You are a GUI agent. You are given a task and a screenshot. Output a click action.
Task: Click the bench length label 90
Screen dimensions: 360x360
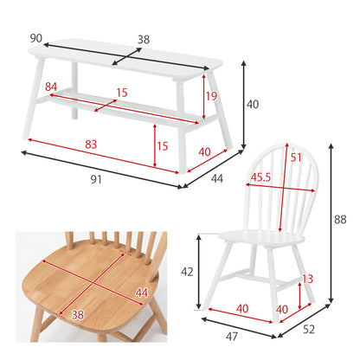tap(36, 38)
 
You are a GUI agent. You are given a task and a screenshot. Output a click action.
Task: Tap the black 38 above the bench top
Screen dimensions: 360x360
tap(144, 40)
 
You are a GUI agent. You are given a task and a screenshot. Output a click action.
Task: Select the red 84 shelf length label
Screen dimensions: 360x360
tap(51, 87)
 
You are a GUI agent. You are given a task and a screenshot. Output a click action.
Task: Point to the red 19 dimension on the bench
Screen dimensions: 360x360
tap(211, 96)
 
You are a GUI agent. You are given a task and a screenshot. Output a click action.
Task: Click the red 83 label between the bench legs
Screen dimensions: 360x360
tap(91, 145)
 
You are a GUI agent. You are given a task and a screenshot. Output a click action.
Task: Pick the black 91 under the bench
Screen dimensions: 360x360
tap(96, 180)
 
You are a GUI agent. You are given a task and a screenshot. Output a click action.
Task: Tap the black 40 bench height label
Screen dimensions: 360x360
tap(253, 105)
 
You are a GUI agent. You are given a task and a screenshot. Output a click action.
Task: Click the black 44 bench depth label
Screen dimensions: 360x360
tap(217, 179)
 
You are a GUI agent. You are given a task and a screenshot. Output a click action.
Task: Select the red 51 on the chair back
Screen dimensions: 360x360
tap(296, 157)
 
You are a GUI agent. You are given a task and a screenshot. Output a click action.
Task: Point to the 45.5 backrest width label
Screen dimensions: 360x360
tap(260, 177)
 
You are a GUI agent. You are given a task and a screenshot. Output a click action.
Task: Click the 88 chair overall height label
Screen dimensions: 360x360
tap(340, 220)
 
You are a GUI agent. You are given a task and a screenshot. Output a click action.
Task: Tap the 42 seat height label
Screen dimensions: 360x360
tap(187, 272)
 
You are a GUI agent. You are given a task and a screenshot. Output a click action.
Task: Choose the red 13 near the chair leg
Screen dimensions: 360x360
tap(307, 279)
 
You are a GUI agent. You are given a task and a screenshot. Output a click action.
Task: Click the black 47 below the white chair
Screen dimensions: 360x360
tap(232, 337)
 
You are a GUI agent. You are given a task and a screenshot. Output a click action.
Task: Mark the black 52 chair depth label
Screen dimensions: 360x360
tap(309, 330)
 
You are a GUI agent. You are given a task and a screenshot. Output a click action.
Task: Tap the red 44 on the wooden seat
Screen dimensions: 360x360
tap(142, 293)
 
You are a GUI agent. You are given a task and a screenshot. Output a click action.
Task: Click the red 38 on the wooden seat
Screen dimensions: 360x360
tap(78, 315)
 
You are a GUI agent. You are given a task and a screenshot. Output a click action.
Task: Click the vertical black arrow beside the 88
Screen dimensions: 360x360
tap(331, 223)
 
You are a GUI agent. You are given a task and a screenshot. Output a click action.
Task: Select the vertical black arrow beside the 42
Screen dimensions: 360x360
tap(198, 272)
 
